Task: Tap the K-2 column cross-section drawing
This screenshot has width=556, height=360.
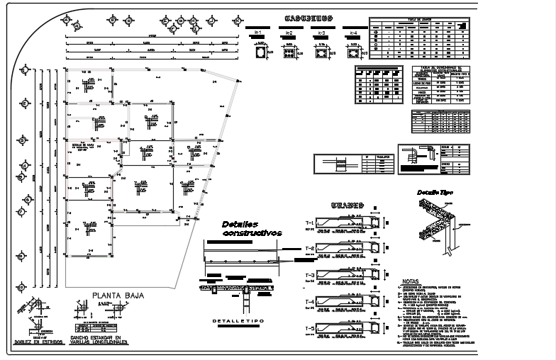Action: [x=289, y=52]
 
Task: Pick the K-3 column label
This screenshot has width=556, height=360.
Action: [x=321, y=33]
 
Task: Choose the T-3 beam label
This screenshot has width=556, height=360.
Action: [x=310, y=276]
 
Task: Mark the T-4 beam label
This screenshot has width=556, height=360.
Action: [x=310, y=303]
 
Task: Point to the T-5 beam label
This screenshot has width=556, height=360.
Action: [x=310, y=328]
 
